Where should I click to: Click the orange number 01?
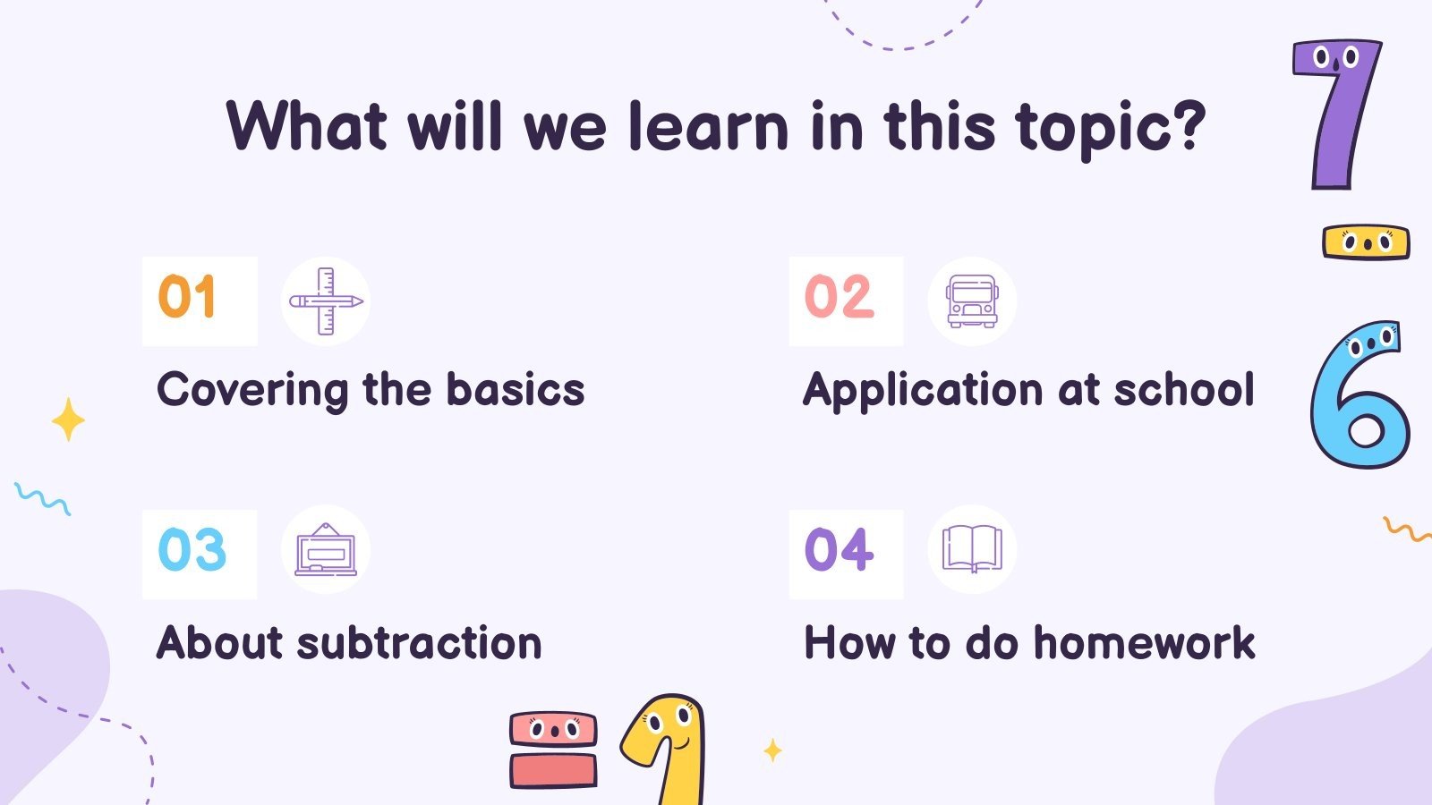click(x=187, y=298)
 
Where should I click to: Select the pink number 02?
click(x=839, y=298)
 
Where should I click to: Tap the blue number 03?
click(x=192, y=551)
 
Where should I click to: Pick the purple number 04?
click(x=839, y=551)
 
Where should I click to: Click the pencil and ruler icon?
click(x=326, y=301)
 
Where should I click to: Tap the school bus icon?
click(x=972, y=301)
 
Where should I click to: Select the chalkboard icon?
click(x=326, y=550)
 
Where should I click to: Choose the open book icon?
click(x=972, y=549)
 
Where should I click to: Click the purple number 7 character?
click(x=1335, y=112)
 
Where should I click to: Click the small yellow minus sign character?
click(x=1366, y=241)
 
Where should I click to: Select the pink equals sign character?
click(x=553, y=750)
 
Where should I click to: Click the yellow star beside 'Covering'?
click(x=68, y=419)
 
